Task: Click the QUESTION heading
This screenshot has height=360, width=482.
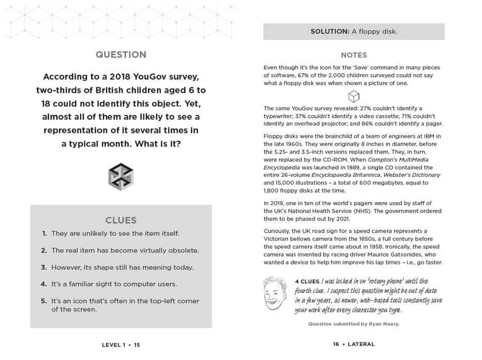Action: [x=121, y=55]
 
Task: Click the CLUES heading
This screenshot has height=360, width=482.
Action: [x=121, y=220]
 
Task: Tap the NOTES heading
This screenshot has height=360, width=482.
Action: [x=354, y=55]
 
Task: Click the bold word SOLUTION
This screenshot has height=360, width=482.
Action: [x=330, y=31]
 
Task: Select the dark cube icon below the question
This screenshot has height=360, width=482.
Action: [x=121, y=176]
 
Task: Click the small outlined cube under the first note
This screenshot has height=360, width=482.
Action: [x=354, y=96]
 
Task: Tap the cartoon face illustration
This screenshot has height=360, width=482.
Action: [x=275, y=293]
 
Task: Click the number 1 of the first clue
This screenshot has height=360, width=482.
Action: [x=44, y=234]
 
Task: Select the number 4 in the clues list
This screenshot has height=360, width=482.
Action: [x=44, y=284]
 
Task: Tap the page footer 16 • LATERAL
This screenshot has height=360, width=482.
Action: [x=354, y=344]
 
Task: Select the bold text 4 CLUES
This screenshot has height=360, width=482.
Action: [x=307, y=282]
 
